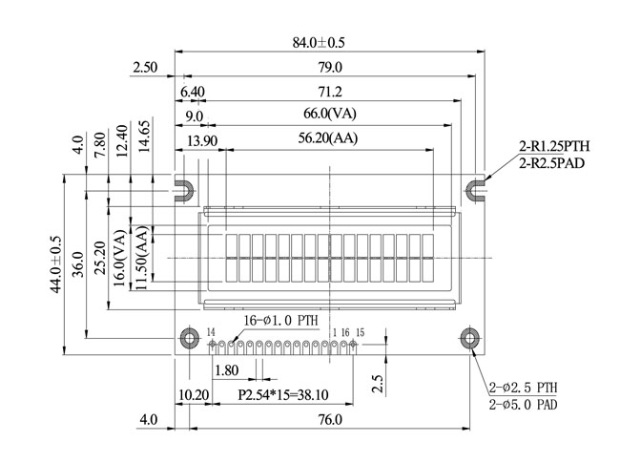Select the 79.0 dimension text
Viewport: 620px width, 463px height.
[330, 68]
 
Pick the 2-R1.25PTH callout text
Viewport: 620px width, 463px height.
[554, 147]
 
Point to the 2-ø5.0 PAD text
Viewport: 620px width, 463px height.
[523, 406]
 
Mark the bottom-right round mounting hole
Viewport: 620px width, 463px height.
[470, 338]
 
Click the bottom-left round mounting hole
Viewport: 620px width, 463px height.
[187, 338]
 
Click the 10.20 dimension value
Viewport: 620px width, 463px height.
[194, 394]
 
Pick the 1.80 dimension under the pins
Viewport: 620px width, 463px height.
[227, 370]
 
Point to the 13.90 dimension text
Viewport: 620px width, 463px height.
[202, 140]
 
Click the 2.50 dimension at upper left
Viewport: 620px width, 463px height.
[145, 68]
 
